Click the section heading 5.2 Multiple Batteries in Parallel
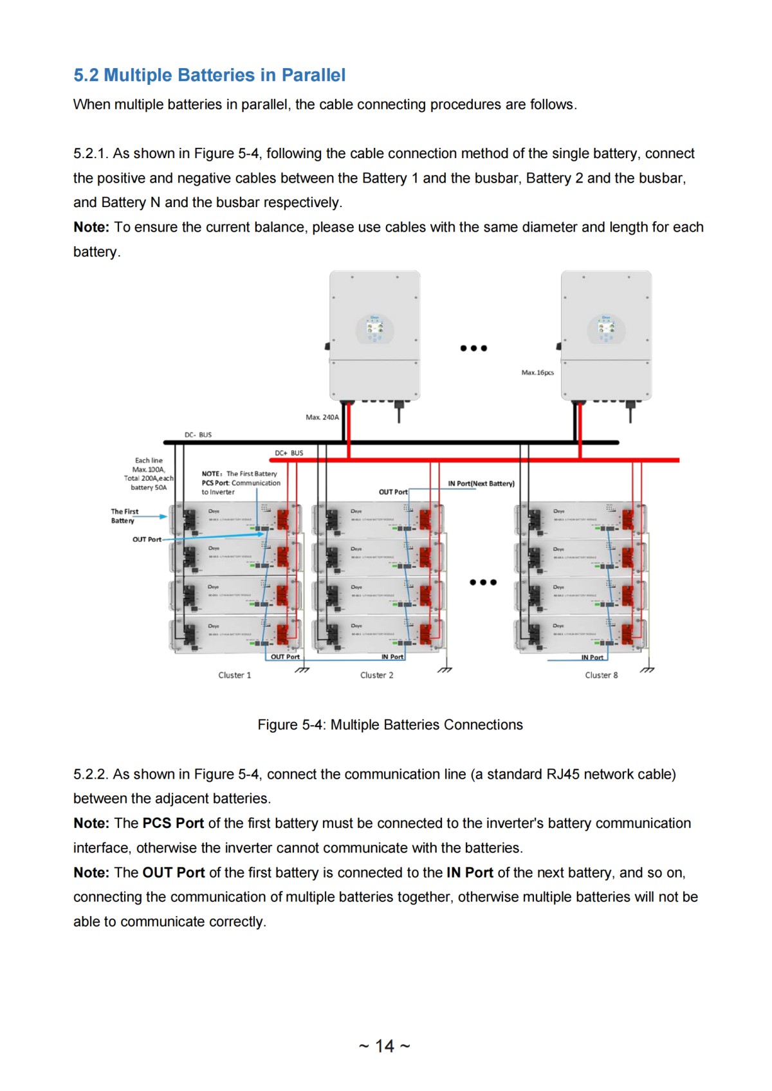pos(209,75)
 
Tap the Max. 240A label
pos(322,417)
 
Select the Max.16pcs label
pos(537,373)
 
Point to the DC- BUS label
pos(198,435)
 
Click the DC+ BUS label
pos(289,453)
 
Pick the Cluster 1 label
pos(234,675)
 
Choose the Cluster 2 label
pos(376,675)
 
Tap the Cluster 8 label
pos(601,675)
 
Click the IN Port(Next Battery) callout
pos(481,483)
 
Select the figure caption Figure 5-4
pos(390,725)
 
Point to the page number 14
pos(385,1046)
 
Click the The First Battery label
pos(124,516)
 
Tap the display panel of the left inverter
pos(374,329)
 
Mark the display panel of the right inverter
pos(605,329)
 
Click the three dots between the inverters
pos(473,348)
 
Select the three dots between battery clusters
pos(482,582)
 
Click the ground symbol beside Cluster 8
pos(648,670)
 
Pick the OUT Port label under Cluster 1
pos(285,657)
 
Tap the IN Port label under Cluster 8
pos(592,657)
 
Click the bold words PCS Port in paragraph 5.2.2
pos(173,824)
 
